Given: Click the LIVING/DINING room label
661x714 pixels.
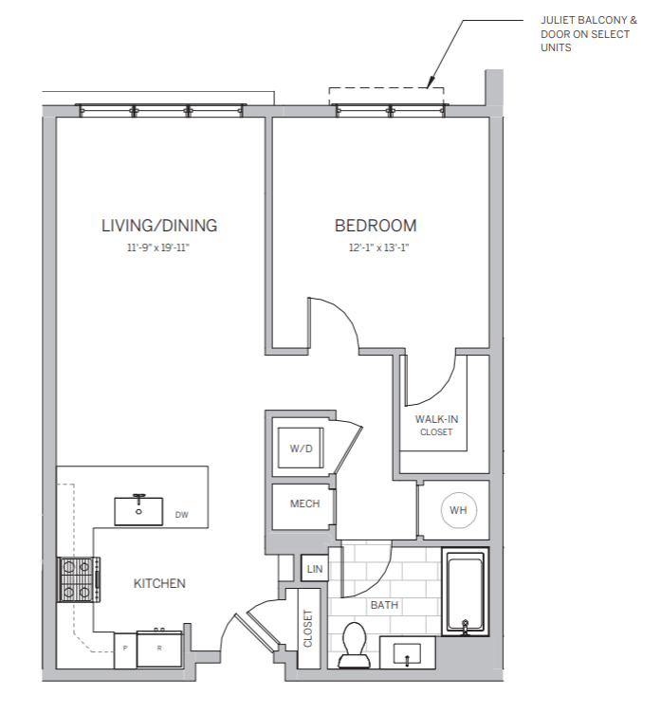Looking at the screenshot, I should (x=159, y=226).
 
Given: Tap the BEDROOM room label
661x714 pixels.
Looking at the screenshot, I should (x=376, y=226).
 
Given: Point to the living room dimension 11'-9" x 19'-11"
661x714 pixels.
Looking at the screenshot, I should (x=159, y=248).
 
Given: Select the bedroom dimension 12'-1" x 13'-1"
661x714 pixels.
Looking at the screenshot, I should (x=376, y=248).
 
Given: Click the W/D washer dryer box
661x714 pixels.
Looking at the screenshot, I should (x=301, y=447).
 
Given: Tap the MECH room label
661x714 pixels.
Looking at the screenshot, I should (x=304, y=503).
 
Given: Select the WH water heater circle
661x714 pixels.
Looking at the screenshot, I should (x=458, y=510).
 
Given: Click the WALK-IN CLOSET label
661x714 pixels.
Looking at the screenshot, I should (x=437, y=425).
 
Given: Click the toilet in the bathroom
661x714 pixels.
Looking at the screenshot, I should (x=356, y=645).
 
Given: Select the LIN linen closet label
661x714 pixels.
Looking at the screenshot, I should (x=314, y=569).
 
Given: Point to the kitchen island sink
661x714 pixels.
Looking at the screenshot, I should (x=138, y=509).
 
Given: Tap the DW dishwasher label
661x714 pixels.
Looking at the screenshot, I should (x=182, y=516).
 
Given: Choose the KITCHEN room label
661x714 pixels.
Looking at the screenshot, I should (x=159, y=583).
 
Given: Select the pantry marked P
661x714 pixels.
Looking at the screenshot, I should (x=123, y=649).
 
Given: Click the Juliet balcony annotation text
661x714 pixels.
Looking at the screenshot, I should (x=579, y=32).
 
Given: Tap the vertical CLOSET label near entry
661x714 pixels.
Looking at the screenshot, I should (x=308, y=627).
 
